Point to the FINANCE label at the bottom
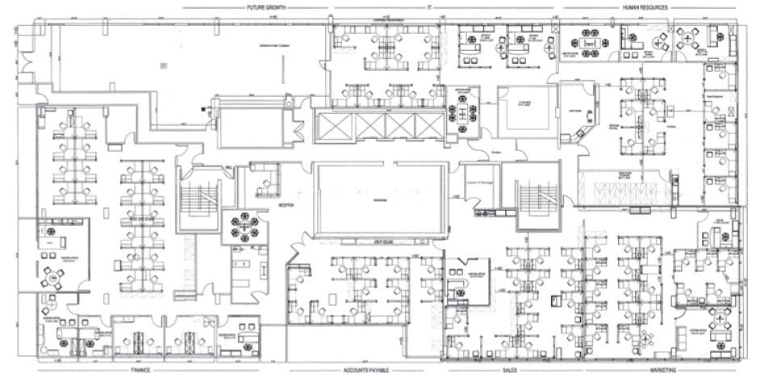click(x=141, y=370)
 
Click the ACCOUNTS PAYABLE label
click(x=366, y=370)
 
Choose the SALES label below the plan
click(x=509, y=370)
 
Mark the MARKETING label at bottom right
click(x=662, y=370)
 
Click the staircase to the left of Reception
click(x=198, y=198)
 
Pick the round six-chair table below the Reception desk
click(x=241, y=226)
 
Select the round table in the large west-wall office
click(x=55, y=277)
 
